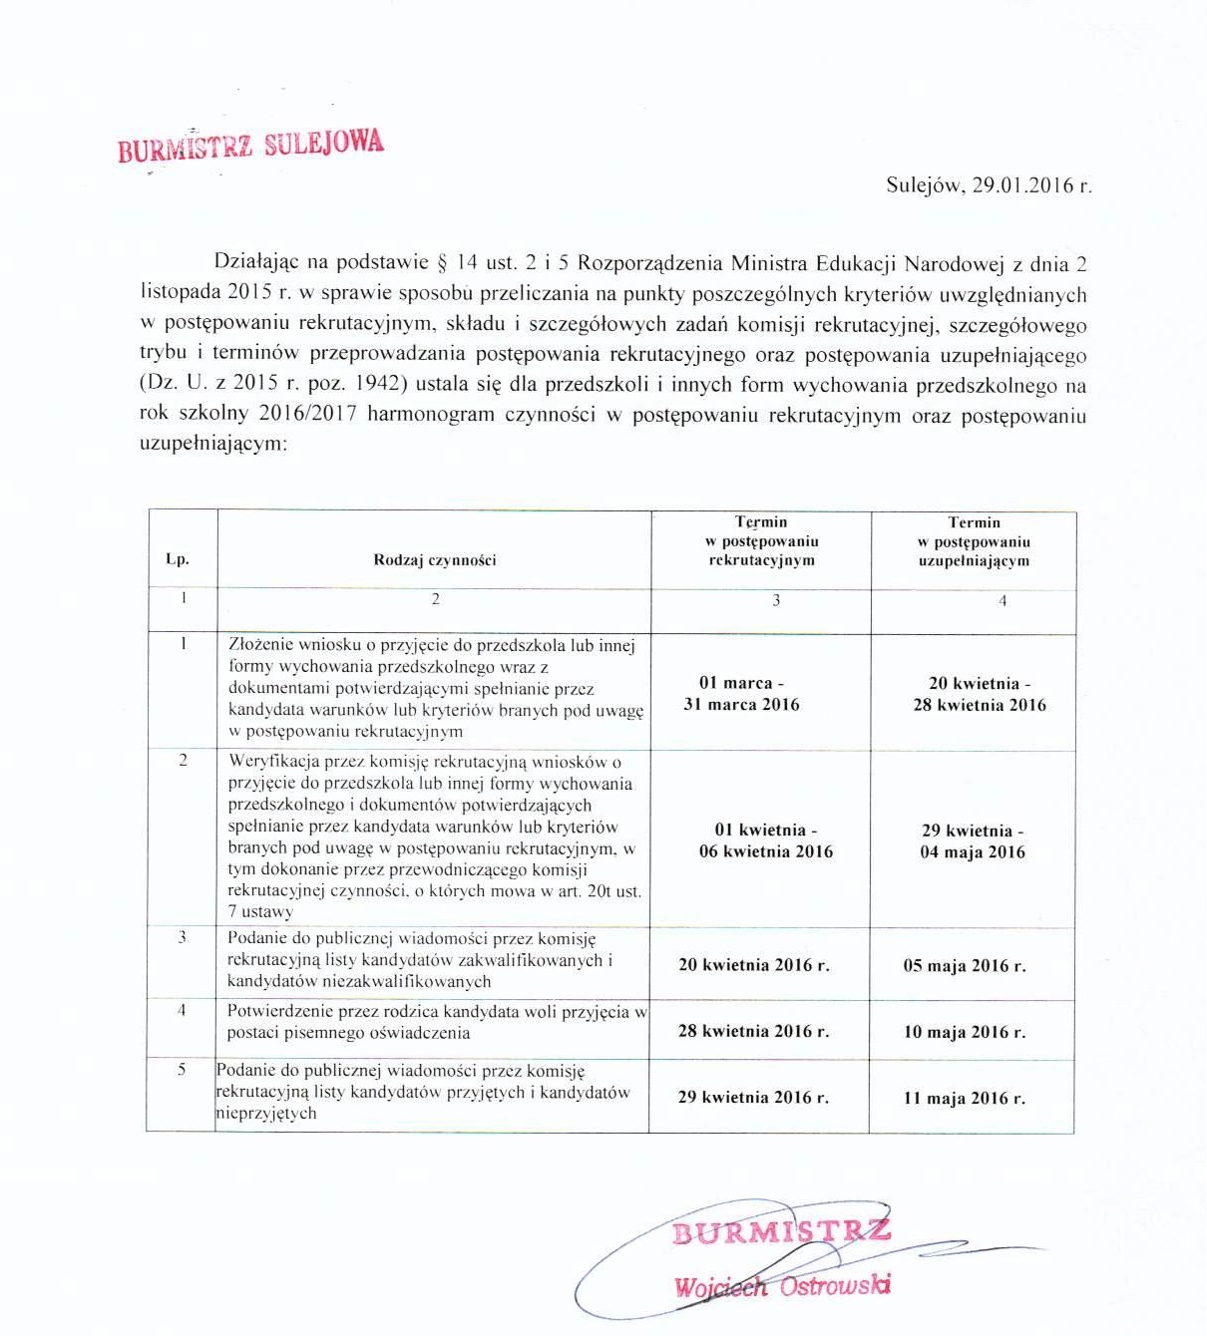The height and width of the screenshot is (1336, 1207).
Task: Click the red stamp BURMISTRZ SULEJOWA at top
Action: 250,146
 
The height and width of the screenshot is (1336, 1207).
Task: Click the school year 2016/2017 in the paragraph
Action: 307,415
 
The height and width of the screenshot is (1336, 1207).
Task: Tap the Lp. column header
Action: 178,559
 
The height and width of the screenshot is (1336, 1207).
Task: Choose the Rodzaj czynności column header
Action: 435,560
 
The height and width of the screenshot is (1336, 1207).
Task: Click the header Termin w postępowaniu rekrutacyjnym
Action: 761,541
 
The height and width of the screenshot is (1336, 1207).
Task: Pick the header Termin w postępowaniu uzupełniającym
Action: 974,541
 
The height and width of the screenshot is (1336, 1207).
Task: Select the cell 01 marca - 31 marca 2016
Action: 741,694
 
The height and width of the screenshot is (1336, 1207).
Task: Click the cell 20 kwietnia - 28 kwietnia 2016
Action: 980,694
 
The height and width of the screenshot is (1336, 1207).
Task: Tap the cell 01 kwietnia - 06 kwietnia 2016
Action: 766,840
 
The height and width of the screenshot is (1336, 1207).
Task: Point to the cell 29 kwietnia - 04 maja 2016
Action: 973,841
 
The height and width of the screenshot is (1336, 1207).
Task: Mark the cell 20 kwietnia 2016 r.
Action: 754,965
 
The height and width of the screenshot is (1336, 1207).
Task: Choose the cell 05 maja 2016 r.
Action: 965,966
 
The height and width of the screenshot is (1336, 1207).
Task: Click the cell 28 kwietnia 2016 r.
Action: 753,1031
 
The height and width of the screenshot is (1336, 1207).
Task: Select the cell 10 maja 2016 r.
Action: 965,1032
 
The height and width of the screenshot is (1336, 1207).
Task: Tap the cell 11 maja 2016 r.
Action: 965,1098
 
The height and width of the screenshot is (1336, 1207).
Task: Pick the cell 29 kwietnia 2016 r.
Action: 753,1097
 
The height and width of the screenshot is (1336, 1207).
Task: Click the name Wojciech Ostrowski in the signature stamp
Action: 782,1286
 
